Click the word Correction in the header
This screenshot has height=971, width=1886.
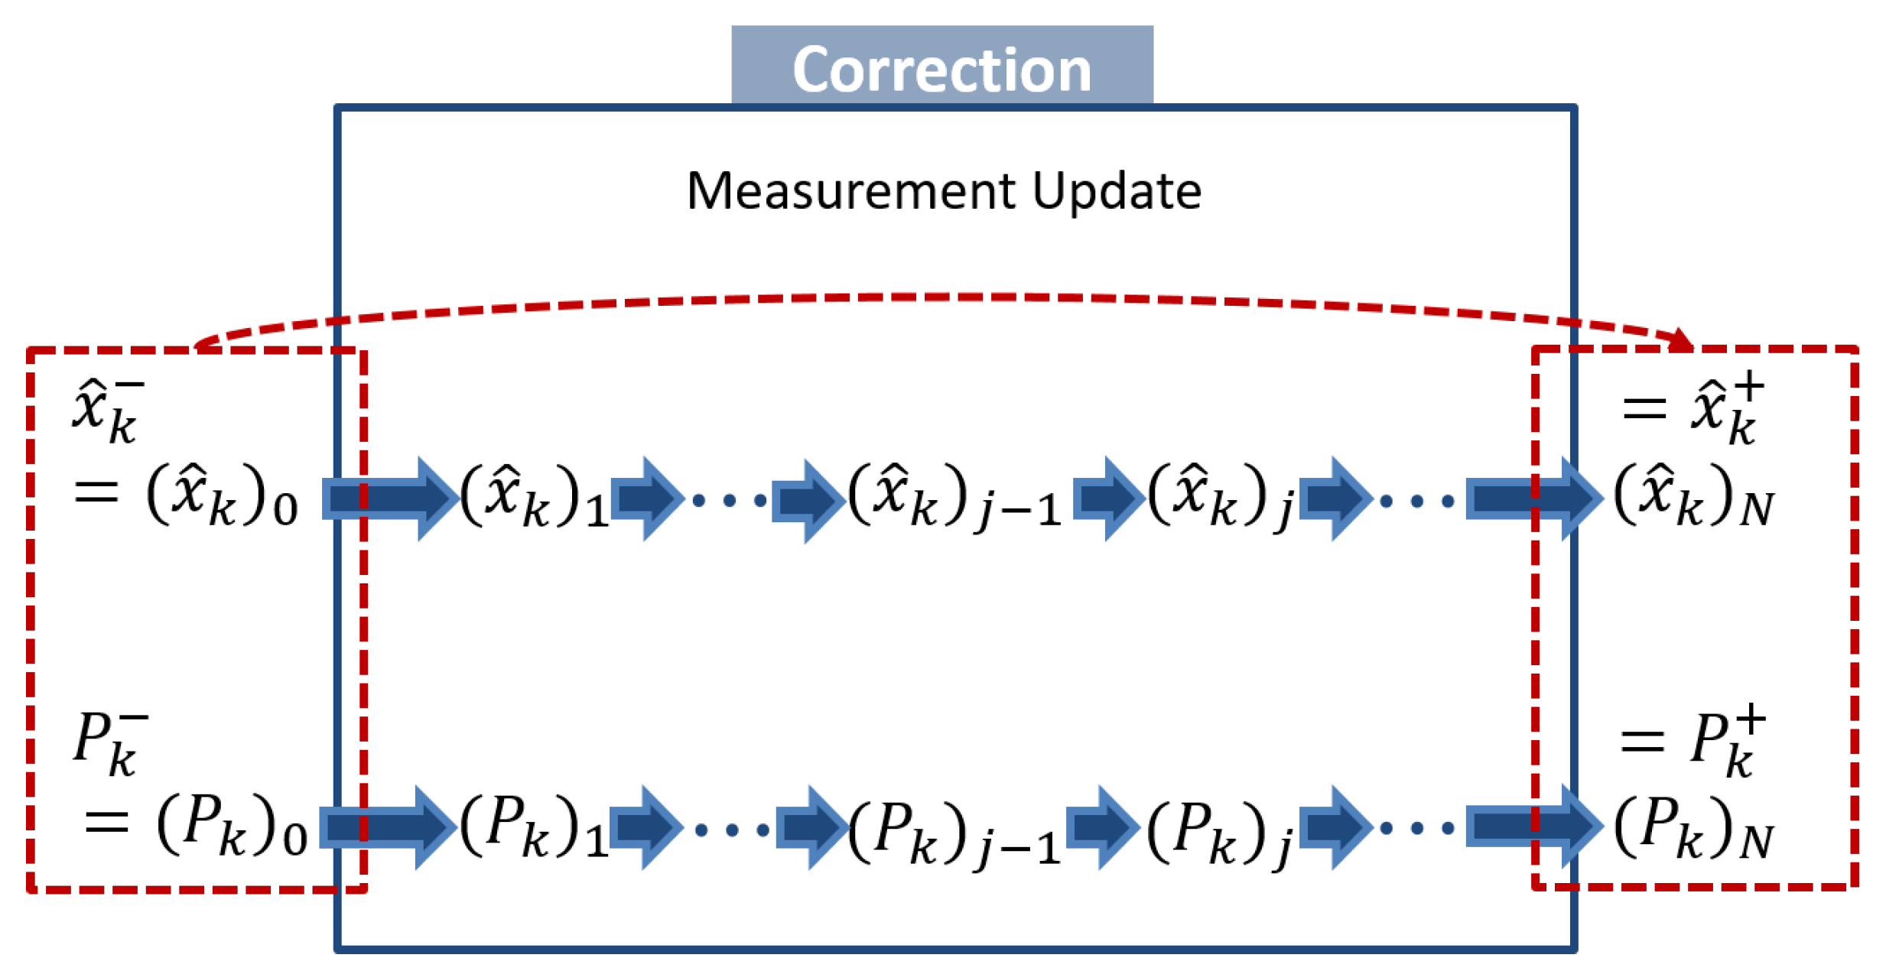(x=941, y=70)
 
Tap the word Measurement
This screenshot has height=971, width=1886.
(x=850, y=190)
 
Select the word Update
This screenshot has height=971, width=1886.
(x=1117, y=190)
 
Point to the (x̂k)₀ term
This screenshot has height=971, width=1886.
(x=222, y=497)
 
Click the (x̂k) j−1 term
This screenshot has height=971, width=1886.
(x=954, y=498)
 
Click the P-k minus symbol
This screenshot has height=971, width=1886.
(x=109, y=742)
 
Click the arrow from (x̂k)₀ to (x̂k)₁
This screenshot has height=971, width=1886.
(x=390, y=498)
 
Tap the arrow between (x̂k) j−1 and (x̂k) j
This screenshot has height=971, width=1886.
(x=1104, y=498)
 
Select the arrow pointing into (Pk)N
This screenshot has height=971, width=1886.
(x=1533, y=827)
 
